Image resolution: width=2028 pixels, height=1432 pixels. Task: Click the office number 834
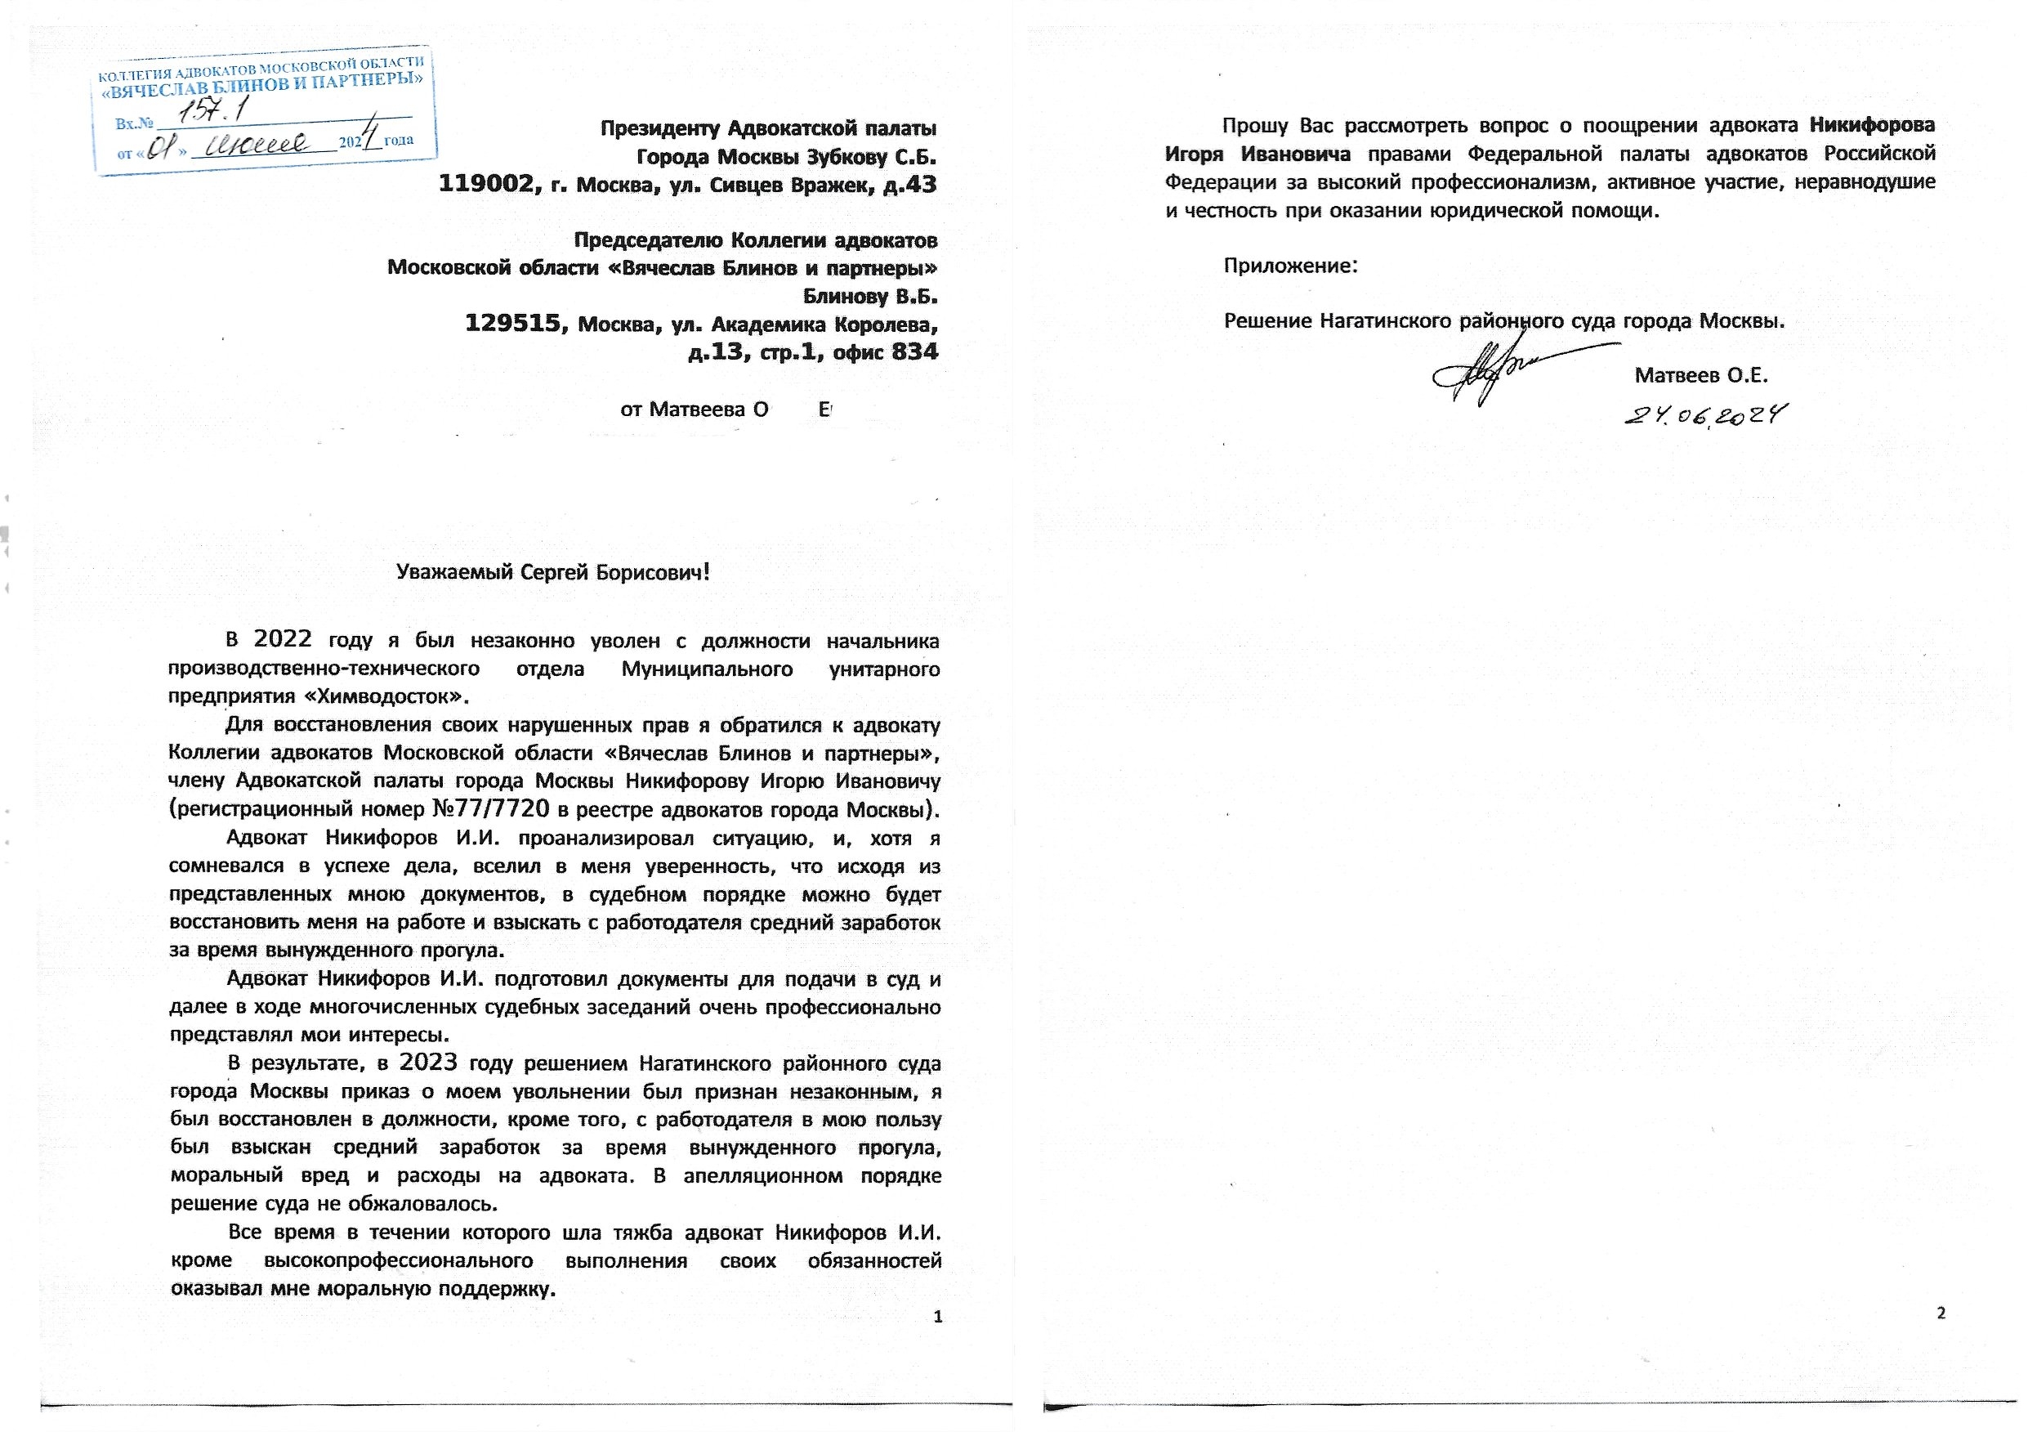[x=915, y=351]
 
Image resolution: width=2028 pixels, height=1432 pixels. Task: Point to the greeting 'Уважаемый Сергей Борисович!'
[x=553, y=572]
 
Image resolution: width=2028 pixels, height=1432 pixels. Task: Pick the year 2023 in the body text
[x=428, y=1063]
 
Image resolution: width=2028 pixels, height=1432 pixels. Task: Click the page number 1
[x=938, y=1317]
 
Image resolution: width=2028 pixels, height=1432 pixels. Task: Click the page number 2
[x=1941, y=1313]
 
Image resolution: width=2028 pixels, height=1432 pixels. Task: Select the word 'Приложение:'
[x=1289, y=265]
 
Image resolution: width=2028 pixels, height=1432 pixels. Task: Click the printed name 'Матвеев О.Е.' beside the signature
[x=1700, y=375]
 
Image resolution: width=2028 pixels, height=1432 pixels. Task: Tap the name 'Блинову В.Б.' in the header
[x=869, y=296]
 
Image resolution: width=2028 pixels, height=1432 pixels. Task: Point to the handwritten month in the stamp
[x=256, y=144]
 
